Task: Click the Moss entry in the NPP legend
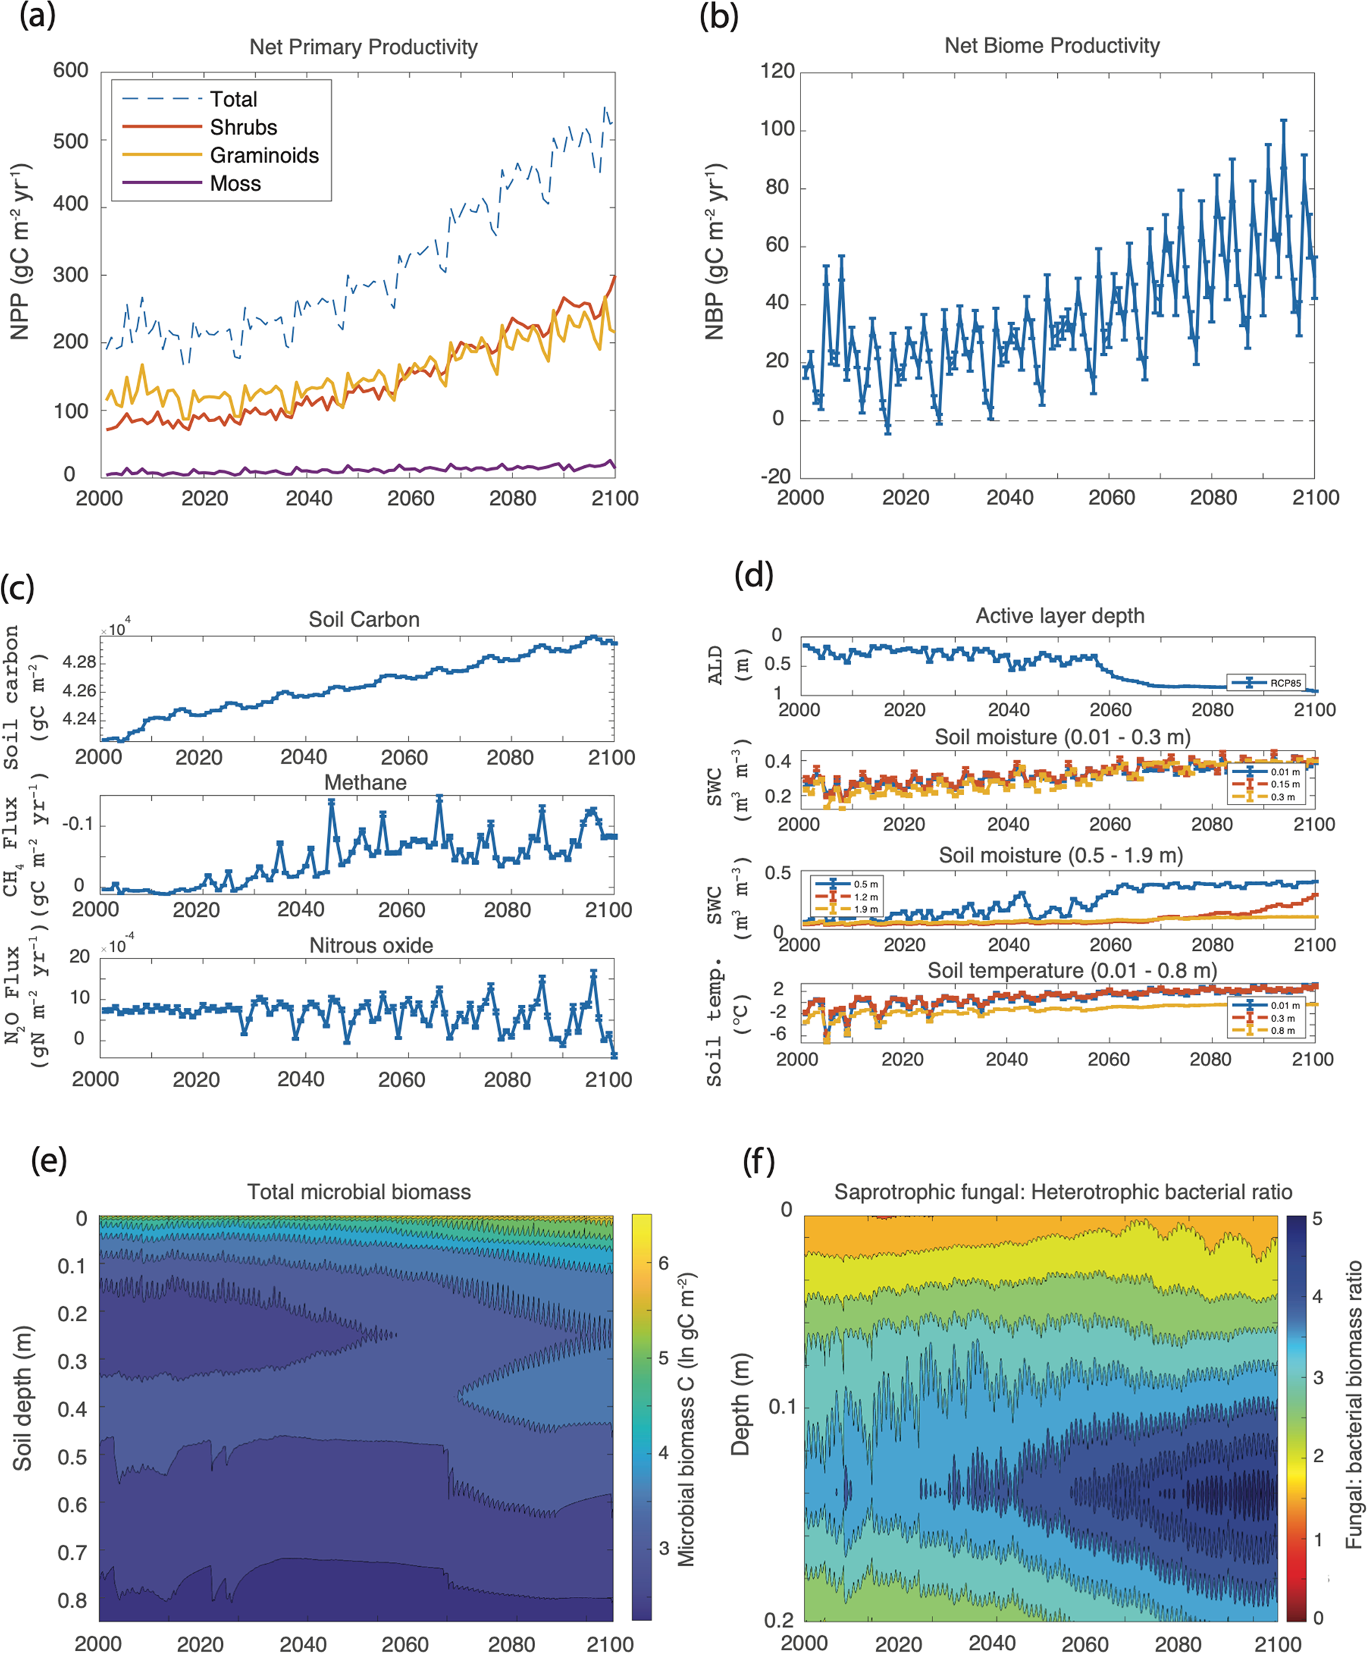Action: [235, 183]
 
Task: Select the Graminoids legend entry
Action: [263, 155]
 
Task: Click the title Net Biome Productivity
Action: [1052, 46]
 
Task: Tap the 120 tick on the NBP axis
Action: [777, 71]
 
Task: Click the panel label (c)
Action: [17, 587]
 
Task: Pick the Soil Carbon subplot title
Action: [363, 619]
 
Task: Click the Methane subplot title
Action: [365, 783]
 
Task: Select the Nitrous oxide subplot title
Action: [371, 946]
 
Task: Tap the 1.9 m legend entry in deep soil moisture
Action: [865, 909]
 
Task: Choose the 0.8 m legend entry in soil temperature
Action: [1282, 1030]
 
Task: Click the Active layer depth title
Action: [1059, 616]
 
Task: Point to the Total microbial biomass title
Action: [359, 1192]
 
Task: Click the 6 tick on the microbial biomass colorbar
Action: [664, 1264]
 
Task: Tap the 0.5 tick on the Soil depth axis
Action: [72, 1457]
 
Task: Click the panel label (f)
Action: [759, 1161]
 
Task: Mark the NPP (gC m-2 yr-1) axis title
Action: [20, 252]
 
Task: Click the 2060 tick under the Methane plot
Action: [402, 910]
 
